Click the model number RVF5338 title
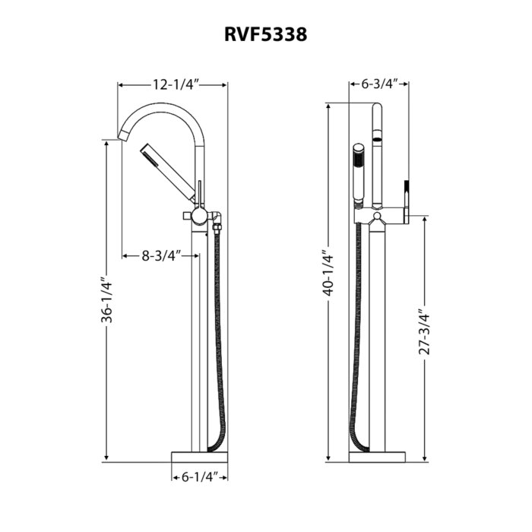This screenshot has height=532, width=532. (265, 34)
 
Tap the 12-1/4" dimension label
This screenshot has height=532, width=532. (174, 84)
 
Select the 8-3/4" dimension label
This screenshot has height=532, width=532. (160, 255)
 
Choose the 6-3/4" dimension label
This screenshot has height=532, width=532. (379, 84)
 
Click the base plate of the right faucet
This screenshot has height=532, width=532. (378, 456)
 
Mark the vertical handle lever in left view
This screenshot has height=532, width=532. (199, 194)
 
